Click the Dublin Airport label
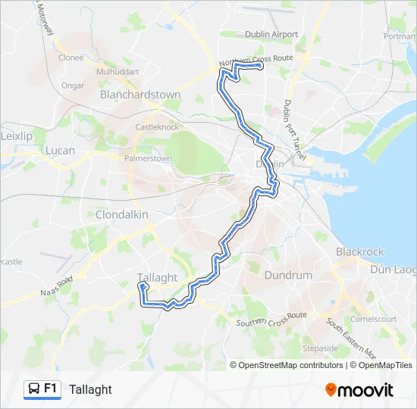271,34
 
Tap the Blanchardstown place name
140,95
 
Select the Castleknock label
155,127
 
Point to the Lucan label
61,151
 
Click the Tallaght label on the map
158,277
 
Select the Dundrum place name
288,276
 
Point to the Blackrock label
360,251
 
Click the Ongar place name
73,86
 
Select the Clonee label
71,57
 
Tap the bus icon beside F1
34,389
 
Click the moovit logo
359,390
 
